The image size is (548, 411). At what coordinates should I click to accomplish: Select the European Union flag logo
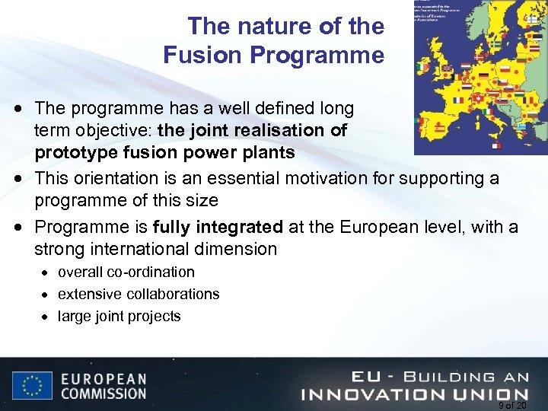(x=32, y=384)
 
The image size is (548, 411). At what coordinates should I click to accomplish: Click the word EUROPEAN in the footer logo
(x=104, y=378)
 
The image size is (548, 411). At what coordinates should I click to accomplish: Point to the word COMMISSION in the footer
(x=104, y=393)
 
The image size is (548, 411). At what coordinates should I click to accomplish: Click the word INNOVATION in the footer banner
(x=376, y=394)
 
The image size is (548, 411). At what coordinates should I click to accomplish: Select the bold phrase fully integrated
(x=218, y=227)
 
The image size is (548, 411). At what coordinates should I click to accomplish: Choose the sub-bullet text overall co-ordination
(x=126, y=272)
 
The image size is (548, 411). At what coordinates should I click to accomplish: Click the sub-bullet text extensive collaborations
(x=139, y=294)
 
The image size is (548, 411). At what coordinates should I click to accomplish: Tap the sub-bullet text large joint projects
(x=119, y=316)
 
